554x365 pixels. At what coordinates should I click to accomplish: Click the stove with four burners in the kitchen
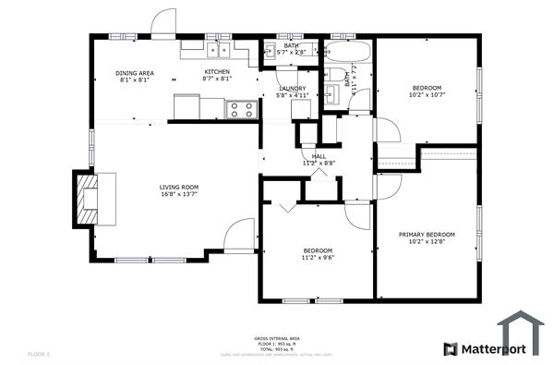(x=241, y=109)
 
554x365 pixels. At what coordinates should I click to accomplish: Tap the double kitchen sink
(x=219, y=50)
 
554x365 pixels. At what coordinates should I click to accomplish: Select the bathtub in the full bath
(x=346, y=50)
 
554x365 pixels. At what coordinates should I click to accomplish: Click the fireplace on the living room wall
(x=87, y=196)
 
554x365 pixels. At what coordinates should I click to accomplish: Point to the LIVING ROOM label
(x=178, y=188)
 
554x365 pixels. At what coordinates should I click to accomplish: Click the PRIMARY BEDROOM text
(x=427, y=235)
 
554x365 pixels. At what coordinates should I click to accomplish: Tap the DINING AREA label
(x=134, y=73)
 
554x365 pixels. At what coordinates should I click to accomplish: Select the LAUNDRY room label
(x=293, y=88)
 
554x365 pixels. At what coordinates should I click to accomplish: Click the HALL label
(x=319, y=156)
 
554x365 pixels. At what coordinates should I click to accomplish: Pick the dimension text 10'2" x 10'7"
(x=427, y=95)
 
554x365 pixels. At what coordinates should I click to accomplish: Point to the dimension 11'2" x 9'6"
(x=318, y=258)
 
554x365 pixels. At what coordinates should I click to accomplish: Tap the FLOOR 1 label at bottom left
(x=39, y=354)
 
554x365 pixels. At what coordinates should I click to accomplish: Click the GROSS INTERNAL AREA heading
(x=276, y=338)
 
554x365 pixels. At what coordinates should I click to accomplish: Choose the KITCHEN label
(x=217, y=73)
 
